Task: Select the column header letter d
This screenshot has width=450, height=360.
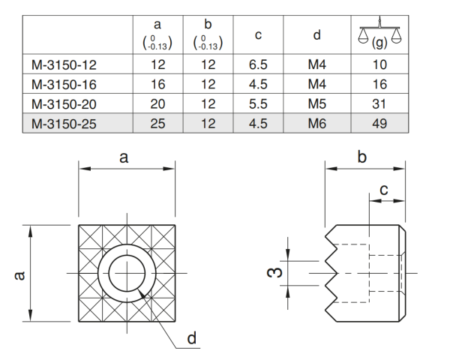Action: pos(317,34)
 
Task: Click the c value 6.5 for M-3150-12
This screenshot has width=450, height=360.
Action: pos(259,65)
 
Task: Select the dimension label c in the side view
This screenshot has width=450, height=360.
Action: pos(383,190)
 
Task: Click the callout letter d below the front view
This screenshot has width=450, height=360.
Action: pos(192,339)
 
